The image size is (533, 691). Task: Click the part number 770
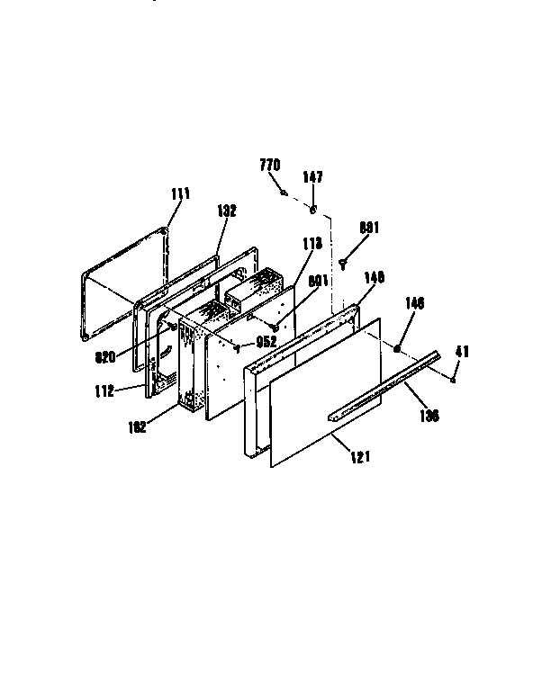click(270, 165)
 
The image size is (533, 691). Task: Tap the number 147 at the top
click(312, 177)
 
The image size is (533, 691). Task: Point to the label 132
click(227, 211)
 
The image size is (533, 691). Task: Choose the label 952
click(265, 341)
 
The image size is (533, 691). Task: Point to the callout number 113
click(312, 242)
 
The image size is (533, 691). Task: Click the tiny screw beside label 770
click(285, 191)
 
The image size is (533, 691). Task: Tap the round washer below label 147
click(312, 210)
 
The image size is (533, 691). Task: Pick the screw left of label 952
click(236, 344)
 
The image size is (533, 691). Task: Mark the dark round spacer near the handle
click(397, 346)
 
